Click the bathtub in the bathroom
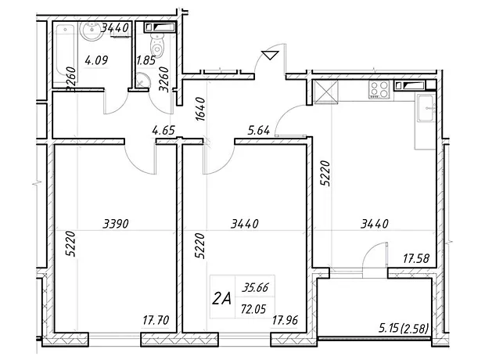tap(66, 54)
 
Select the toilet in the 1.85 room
tap(157, 46)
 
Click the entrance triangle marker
tap(270, 55)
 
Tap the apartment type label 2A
tap(222, 299)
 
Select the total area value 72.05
tap(253, 308)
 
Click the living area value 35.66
tap(255, 287)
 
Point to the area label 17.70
tap(156, 320)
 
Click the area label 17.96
tap(285, 320)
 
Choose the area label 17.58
tap(416, 258)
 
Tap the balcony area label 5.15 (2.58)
tap(404, 328)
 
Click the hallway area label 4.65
tap(163, 130)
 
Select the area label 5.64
tap(259, 130)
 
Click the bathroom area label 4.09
tap(96, 59)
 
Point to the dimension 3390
tap(115, 223)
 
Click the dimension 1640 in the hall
tap(200, 109)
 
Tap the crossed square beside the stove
tap(325, 92)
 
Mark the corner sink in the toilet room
tap(142, 80)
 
